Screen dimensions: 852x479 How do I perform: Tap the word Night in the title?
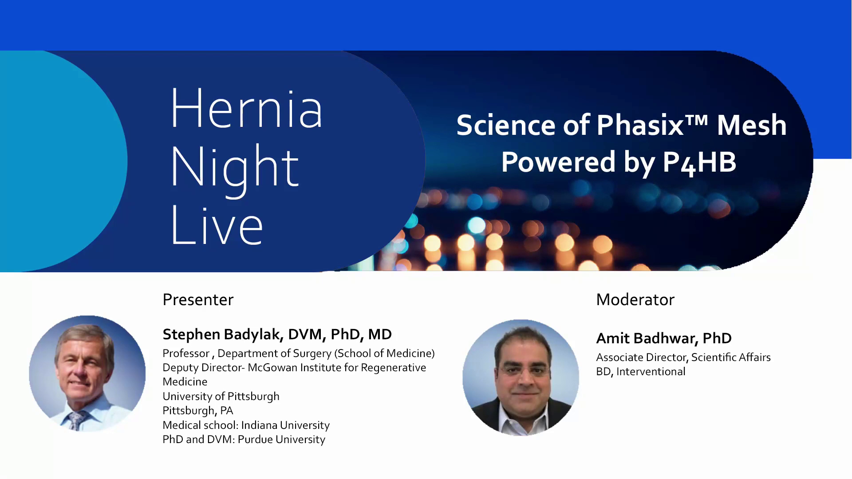[235, 171]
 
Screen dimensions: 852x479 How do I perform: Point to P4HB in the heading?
[699, 163]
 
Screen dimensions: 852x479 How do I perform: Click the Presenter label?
[198, 300]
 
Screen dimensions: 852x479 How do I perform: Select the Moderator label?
[635, 300]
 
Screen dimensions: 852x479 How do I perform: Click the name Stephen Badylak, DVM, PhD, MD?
[277, 334]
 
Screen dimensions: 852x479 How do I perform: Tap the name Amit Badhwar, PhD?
[664, 338]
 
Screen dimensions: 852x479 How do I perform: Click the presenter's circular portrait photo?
[87, 373]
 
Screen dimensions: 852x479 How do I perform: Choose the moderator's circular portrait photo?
[521, 377]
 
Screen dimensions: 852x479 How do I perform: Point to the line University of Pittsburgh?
[221, 397]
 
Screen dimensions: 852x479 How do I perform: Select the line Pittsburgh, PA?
[198, 411]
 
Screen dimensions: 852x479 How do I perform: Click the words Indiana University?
[285, 425]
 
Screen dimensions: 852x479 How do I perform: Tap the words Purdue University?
[281, 440]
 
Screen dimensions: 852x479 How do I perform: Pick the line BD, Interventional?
[641, 372]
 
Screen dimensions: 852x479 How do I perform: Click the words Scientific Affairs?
[731, 357]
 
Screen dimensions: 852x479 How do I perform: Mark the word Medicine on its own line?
[185, 382]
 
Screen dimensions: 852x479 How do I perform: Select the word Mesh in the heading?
[752, 125]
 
